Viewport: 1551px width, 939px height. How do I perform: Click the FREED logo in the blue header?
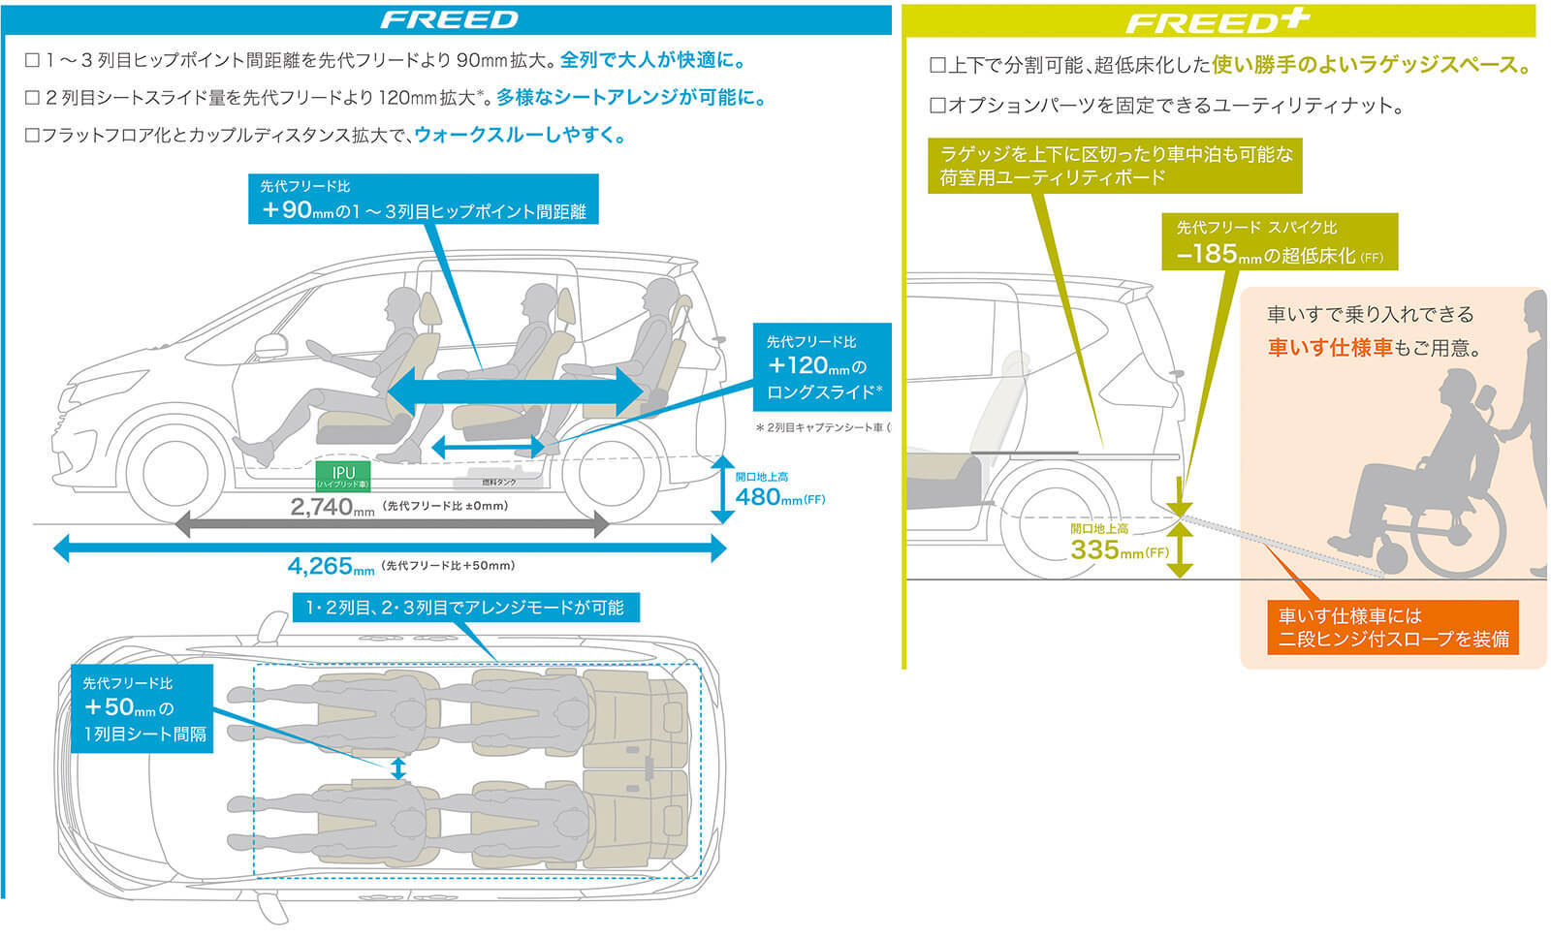click(x=449, y=19)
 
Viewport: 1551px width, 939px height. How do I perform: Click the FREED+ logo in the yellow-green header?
click(x=1218, y=21)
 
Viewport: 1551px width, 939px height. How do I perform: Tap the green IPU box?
click(x=343, y=475)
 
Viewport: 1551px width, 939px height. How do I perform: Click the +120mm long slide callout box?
click(x=821, y=366)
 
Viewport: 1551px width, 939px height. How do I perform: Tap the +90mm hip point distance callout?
click(x=424, y=200)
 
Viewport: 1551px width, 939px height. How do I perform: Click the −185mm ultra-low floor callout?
click(x=1279, y=242)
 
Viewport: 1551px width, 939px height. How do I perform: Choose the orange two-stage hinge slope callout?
click(x=1392, y=627)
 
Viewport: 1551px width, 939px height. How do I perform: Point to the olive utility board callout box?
click(x=1115, y=166)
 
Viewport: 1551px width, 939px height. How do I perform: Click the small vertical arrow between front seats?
click(x=397, y=768)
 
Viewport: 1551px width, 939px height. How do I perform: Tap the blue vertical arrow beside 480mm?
click(x=721, y=489)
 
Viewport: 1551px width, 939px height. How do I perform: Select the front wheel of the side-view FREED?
click(x=176, y=473)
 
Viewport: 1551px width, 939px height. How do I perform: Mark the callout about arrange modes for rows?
click(x=464, y=608)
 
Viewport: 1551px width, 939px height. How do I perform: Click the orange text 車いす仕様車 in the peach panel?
click(x=1329, y=348)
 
